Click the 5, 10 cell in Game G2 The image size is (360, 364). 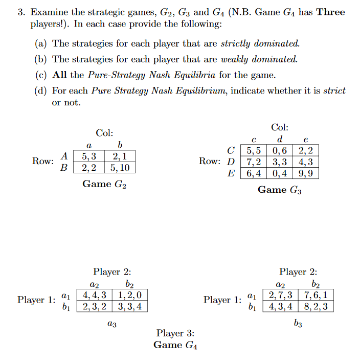120,167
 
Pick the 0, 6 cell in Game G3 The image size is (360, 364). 280,151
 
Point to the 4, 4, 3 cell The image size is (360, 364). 95,295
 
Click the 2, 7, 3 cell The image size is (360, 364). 281,295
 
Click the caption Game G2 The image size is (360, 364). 104,184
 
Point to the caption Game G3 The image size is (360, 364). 280,190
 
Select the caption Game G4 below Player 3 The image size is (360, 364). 175,345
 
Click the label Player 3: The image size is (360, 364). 175,334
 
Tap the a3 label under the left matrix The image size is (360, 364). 112,323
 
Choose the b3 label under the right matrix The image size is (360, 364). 298,323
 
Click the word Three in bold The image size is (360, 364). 330,12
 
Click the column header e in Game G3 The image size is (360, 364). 306,140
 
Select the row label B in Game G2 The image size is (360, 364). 64,167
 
